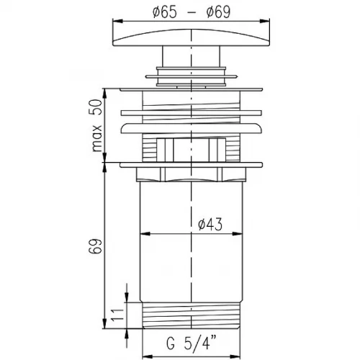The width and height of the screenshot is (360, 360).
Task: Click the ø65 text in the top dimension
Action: tap(165, 12)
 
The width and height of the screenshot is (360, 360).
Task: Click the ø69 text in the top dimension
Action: tap(218, 12)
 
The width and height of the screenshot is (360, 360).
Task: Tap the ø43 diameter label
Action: tap(210, 225)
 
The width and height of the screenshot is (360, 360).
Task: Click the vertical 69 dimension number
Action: tap(95, 246)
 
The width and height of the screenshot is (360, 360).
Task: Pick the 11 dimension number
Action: tap(117, 315)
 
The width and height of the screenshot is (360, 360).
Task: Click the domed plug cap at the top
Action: tap(192, 37)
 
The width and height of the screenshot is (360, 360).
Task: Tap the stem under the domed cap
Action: tap(191, 55)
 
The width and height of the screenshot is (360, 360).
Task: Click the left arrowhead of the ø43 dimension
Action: tap(145, 233)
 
